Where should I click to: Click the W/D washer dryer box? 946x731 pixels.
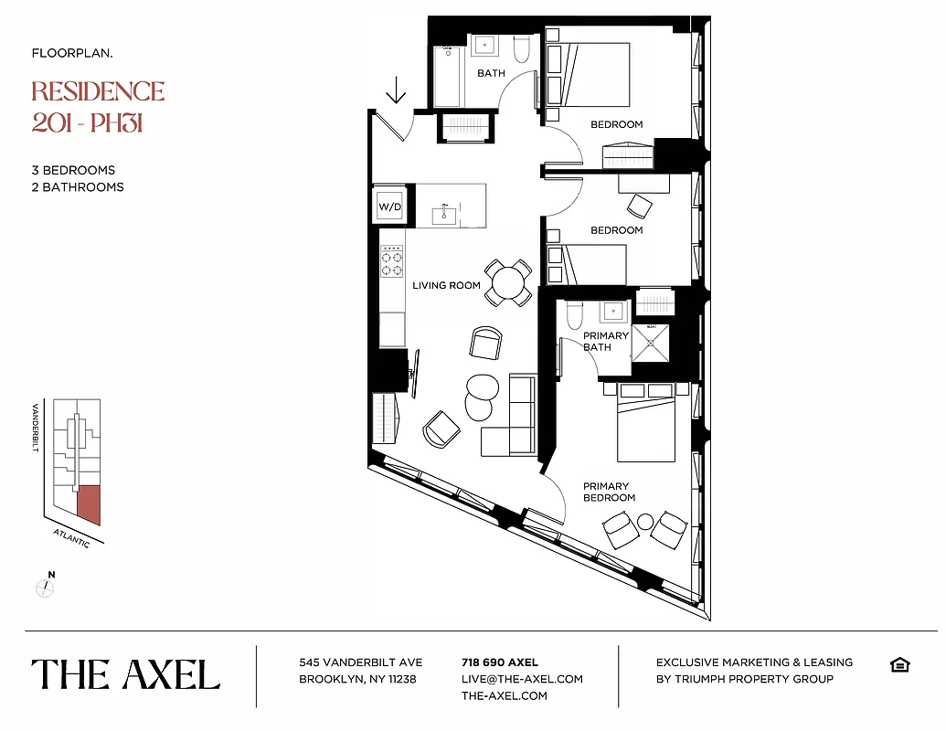(x=390, y=207)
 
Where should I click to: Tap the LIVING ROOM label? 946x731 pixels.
(x=446, y=285)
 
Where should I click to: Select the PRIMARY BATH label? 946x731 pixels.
(x=606, y=341)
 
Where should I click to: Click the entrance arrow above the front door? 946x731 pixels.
(x=396, y=90)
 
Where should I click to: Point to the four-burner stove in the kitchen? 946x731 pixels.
(x=392, y=259)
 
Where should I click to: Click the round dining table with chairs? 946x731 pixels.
(x=507, y=281)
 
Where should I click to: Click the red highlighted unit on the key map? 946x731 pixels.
(x=89, y=504)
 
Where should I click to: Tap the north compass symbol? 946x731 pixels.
(x=46, y=587)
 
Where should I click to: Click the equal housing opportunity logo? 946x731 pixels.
(x=898, y=664)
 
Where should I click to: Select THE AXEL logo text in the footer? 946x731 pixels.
(x=126, y=675)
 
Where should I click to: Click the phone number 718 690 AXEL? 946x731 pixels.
(x=500, y=662)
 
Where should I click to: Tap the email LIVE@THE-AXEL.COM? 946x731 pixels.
(x=522, y=679)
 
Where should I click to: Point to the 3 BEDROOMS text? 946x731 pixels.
(x=73, y=170)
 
